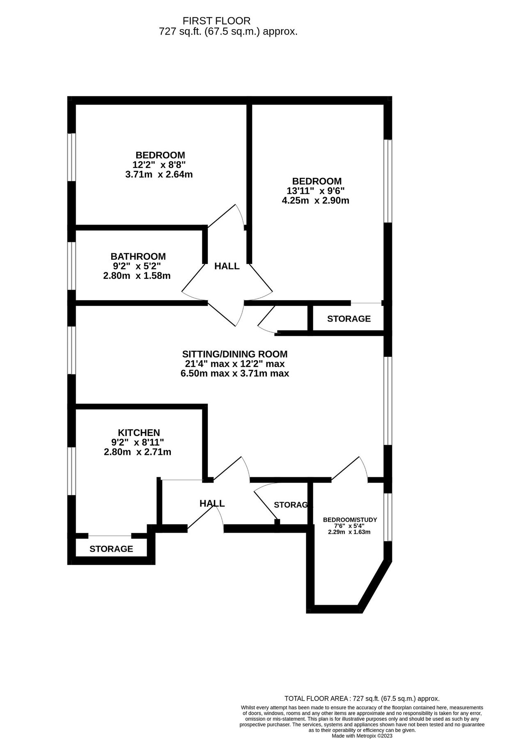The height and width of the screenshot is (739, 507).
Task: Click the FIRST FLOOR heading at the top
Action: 216,21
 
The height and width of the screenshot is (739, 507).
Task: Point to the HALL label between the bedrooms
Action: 227,266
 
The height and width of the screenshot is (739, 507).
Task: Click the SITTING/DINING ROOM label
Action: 234,354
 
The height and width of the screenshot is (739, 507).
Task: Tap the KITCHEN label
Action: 139,432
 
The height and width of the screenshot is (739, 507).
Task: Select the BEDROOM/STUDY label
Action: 350,520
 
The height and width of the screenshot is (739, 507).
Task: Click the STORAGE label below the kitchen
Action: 111,549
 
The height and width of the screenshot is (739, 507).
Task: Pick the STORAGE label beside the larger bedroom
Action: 349,319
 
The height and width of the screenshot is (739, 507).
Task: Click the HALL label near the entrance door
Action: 212,503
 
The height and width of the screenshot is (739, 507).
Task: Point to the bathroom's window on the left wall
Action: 72,266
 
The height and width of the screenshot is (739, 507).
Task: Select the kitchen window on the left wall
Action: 72,471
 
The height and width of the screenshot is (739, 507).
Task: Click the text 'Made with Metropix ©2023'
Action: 362,736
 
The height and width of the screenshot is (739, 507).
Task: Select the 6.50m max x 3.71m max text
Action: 234,374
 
